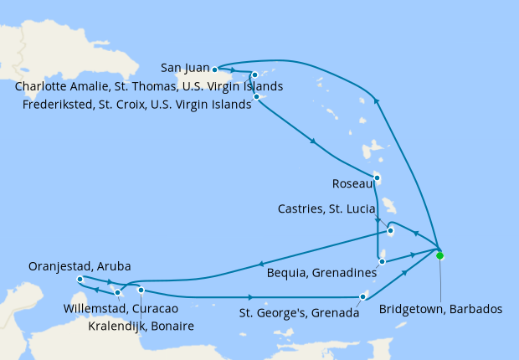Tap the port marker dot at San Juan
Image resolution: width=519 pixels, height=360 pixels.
[215, 69]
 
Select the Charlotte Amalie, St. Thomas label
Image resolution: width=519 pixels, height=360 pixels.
[148, 86]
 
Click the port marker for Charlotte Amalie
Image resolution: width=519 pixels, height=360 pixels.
[254, 75]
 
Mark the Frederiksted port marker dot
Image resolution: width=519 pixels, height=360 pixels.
[255, 97]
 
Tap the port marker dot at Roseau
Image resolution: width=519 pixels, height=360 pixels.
[377, 177]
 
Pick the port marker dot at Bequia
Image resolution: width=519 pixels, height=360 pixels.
[382, 261]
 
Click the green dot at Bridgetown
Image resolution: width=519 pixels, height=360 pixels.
[439, 256]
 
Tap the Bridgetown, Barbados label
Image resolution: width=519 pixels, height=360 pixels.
[441, 309]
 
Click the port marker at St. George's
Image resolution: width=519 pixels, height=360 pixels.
[362, 296]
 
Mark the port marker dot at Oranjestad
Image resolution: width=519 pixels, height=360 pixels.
[80, 279]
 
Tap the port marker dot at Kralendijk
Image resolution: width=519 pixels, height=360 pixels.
[141, 291]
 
